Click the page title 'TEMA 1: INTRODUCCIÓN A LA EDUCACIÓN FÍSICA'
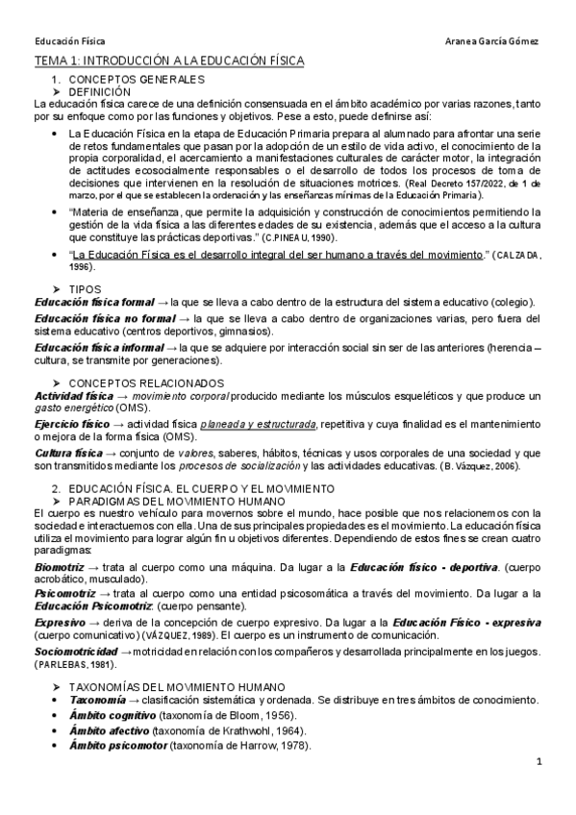point(168,62)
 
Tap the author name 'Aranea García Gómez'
point(495,43)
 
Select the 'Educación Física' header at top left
point(69,43)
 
